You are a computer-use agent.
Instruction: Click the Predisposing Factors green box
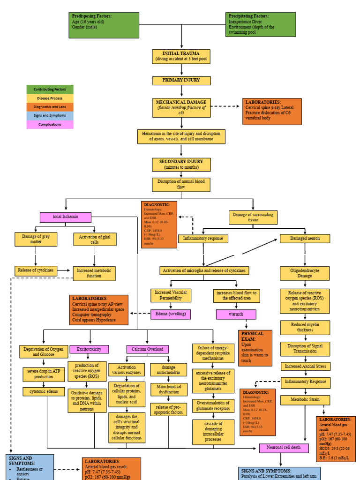[104, 25]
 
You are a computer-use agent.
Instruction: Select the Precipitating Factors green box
[261, 24]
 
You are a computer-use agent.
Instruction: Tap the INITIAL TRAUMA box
[181, 56]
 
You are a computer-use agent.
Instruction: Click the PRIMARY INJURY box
[181, 80]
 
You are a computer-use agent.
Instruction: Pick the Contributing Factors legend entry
[50, 89]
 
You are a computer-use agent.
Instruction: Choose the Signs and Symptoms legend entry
[50, 116]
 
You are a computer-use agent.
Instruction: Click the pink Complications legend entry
[50, 125]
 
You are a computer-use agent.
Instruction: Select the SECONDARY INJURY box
[181, 164]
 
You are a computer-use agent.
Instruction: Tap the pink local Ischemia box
[66, 217]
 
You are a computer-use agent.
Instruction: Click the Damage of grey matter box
[36, 239]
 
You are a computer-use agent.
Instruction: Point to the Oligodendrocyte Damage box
[305, 273]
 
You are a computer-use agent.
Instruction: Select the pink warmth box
[236, 314]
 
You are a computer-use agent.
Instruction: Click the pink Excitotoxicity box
[89, 349]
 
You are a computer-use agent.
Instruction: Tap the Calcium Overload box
[147, 349]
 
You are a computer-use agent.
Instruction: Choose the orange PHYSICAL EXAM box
[255, 347]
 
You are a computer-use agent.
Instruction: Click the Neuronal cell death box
[284, 448]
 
